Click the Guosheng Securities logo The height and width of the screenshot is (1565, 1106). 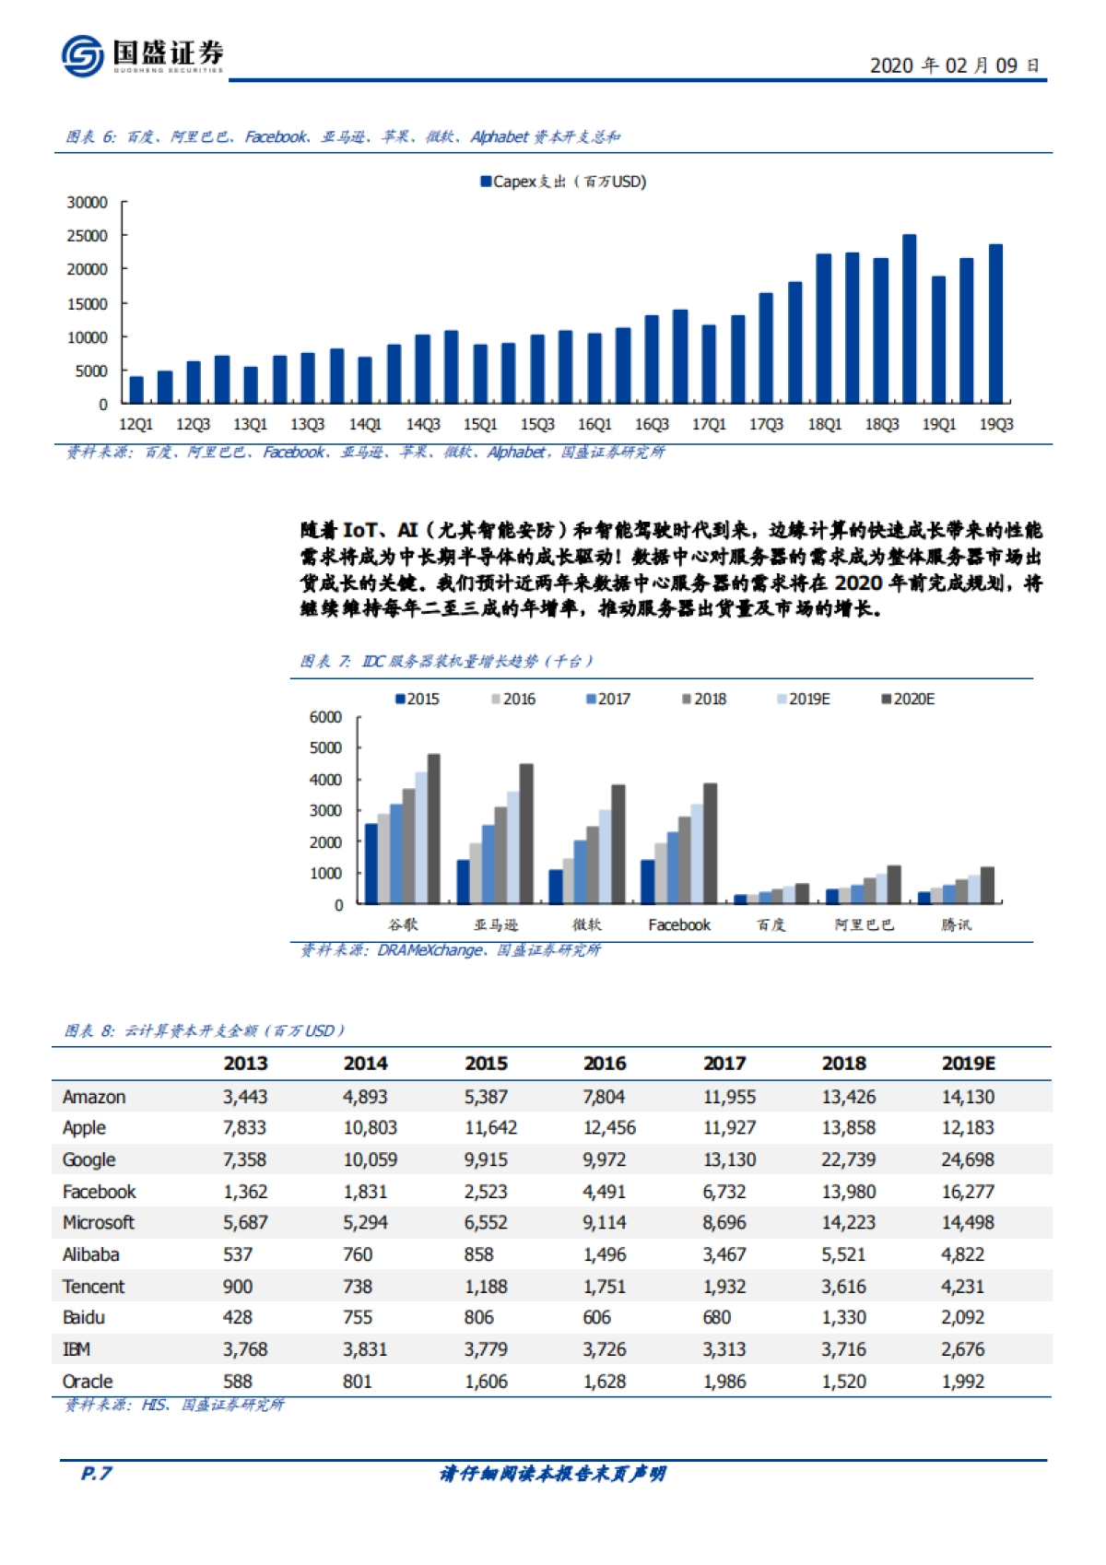142,55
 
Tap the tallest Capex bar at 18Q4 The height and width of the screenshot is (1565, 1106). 909,319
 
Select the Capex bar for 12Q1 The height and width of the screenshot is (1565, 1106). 136,390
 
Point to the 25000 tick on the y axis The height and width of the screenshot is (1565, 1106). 88,236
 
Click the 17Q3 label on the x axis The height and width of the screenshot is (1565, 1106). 766,424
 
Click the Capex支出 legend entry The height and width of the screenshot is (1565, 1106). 563,182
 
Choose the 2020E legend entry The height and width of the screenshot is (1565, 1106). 908,700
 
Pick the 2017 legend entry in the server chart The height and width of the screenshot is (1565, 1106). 608,700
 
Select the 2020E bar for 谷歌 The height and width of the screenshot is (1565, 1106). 434,829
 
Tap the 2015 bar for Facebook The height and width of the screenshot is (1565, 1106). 648,881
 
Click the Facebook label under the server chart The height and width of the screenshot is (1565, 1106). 679,924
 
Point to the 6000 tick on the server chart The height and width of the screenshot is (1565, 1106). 325,717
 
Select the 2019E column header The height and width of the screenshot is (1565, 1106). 968,1063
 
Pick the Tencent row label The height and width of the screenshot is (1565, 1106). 93,1286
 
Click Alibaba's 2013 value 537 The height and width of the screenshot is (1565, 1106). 238,1254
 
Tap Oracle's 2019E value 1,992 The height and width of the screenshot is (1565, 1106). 962,1381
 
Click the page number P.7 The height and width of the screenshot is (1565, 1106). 97,1473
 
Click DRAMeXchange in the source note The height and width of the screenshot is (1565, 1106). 429,949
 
